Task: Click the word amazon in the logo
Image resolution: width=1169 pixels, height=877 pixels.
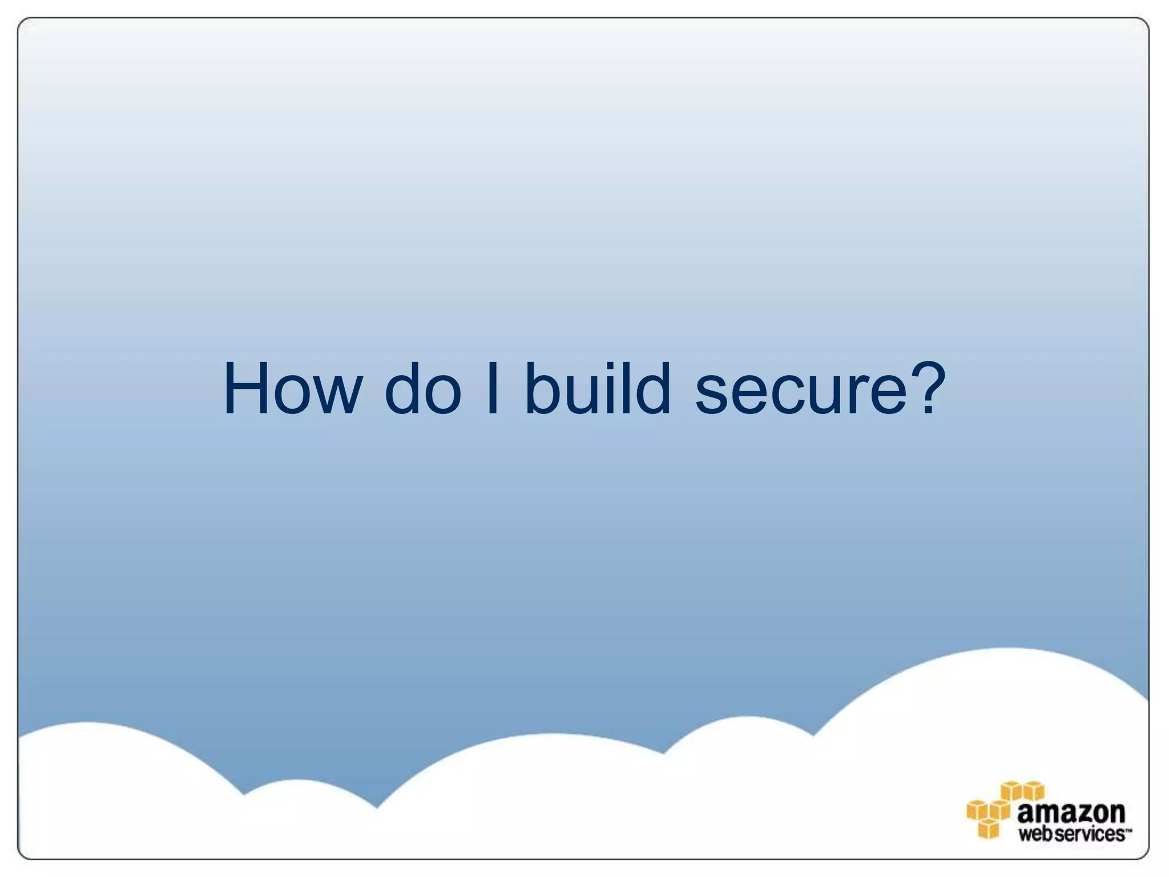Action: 1071,812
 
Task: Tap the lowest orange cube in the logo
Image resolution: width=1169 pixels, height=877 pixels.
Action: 989,828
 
